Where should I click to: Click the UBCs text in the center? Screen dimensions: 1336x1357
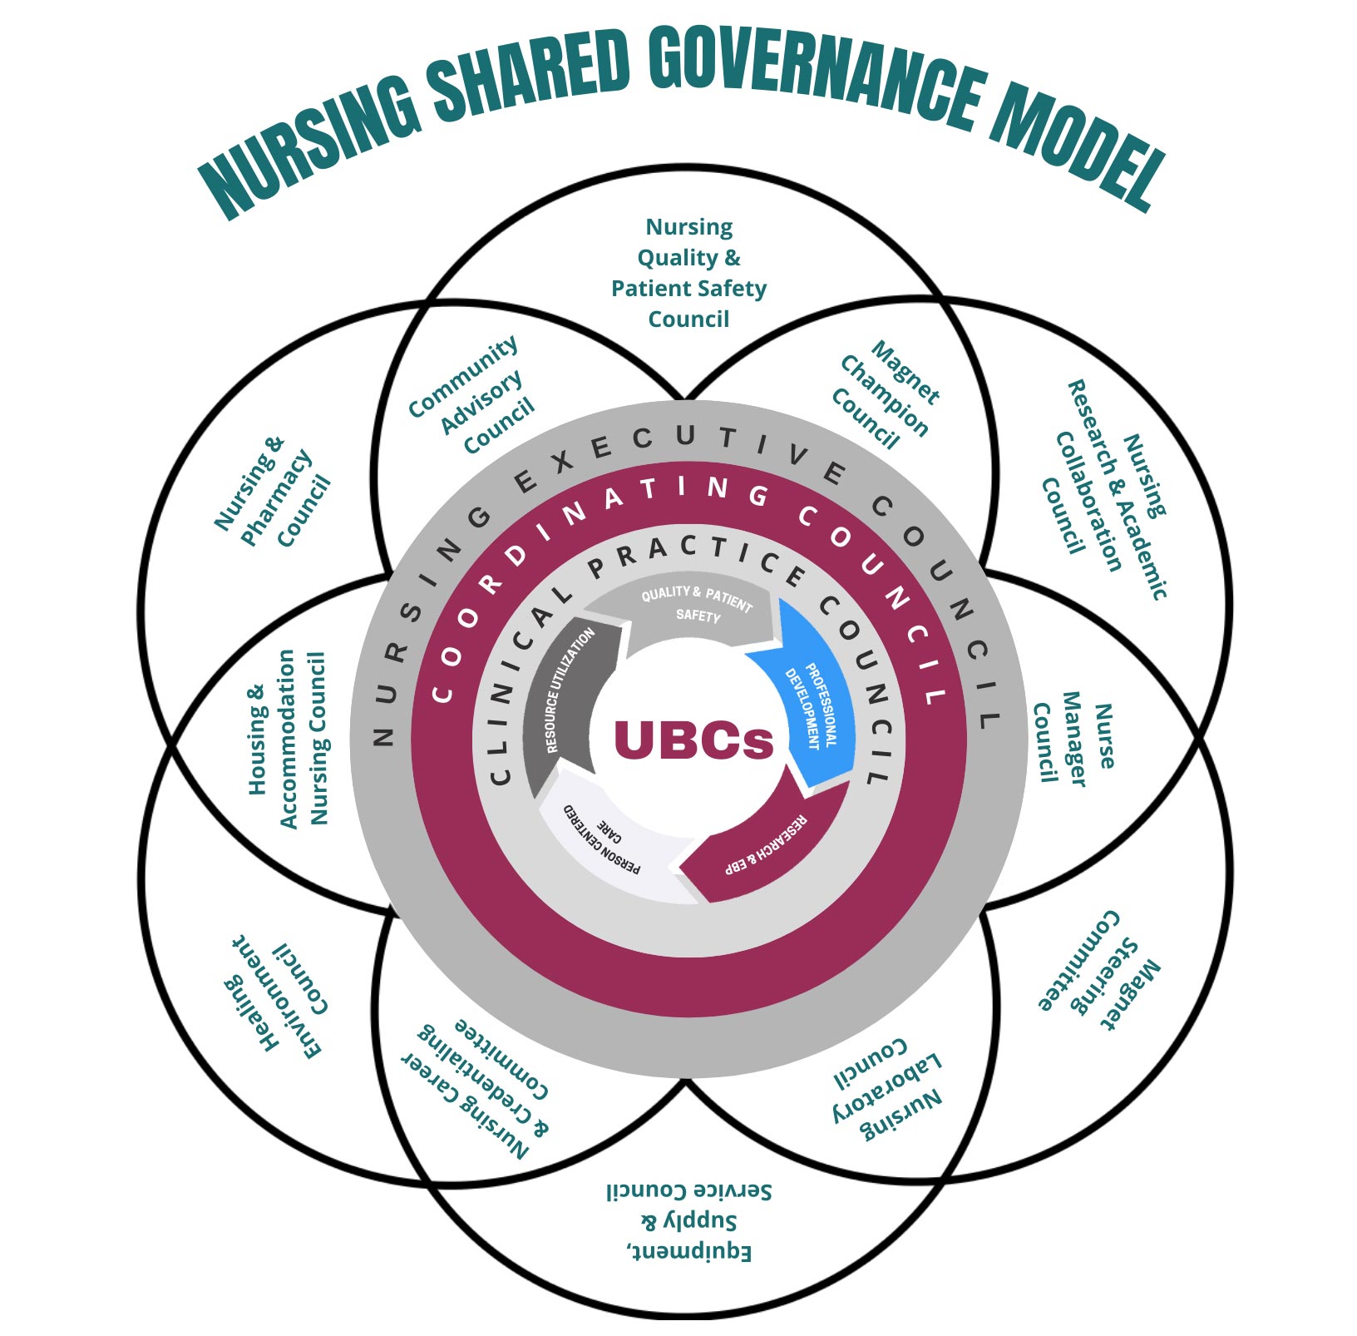(x=693, y=739)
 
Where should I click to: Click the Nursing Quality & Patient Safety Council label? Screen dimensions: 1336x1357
(x=688, y=273)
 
